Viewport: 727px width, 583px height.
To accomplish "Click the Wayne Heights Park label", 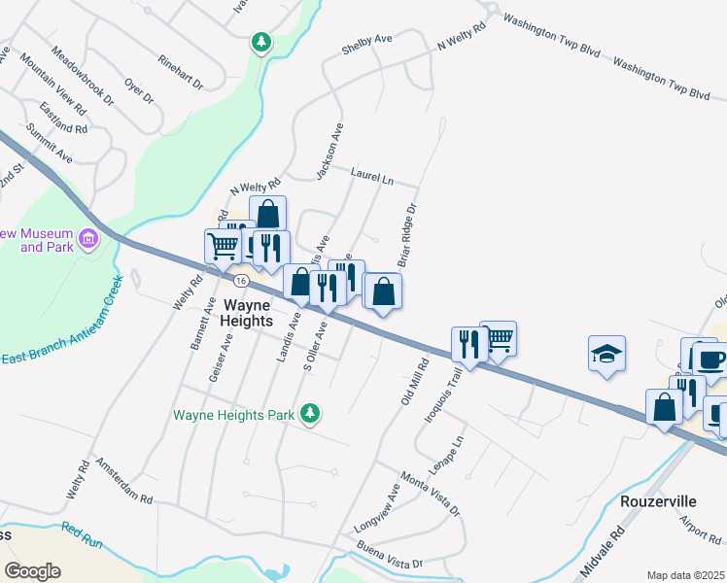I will click(233, 415).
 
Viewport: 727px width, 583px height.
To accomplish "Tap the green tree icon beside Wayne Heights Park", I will click(310, 415).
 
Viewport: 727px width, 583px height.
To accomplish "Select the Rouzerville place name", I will click(658, 500).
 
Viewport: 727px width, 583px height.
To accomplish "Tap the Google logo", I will click(32, 570).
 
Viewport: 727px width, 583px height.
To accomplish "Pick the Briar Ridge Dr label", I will click(406, 235).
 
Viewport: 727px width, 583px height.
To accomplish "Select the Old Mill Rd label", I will click(414, 383).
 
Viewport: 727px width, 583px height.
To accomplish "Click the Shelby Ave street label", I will click(366, 45).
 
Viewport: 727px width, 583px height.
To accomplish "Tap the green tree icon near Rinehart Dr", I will click(260, 42).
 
